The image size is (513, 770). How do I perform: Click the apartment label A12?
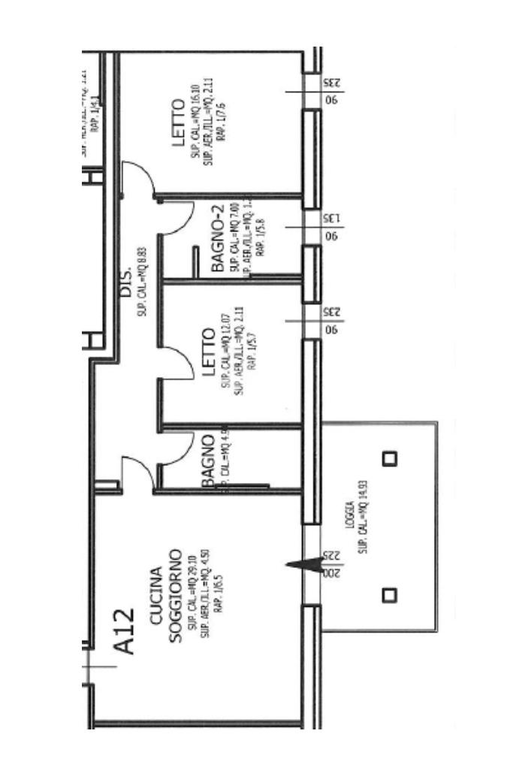point(125,632)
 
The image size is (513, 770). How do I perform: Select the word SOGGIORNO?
point(175,596)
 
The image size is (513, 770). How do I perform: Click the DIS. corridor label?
point(127,280)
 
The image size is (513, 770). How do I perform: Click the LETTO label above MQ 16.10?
point(179,123)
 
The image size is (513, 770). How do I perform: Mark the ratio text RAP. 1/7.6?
point(220,123)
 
